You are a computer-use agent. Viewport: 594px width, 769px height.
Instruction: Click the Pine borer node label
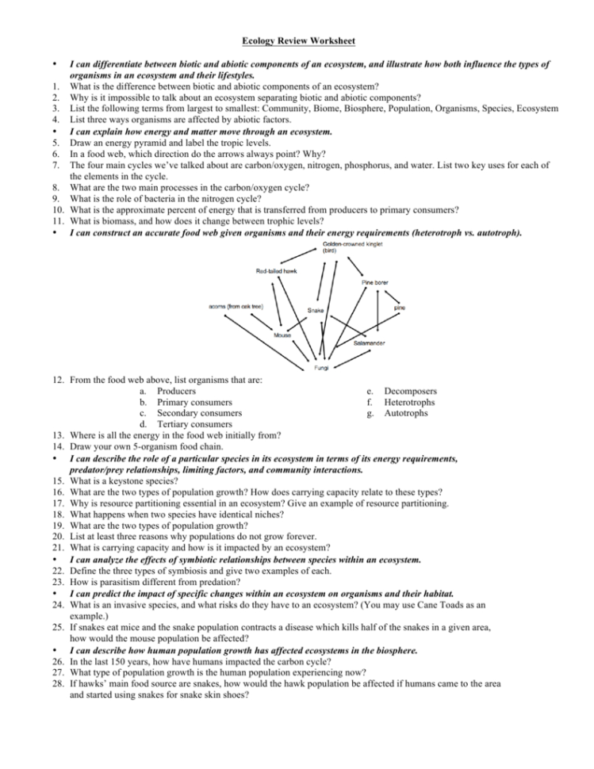click(x=375, y=281)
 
